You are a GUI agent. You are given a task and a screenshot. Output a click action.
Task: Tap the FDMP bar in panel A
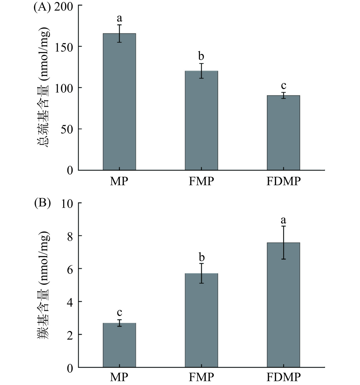pos(283,133)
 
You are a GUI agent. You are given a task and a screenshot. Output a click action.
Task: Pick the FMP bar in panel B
pos(201,320)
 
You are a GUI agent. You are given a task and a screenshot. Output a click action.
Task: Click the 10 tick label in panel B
pos(67,203)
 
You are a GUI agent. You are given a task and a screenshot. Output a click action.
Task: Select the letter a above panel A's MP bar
pos(119,18)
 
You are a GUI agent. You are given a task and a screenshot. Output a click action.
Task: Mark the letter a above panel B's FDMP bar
pos(283,220)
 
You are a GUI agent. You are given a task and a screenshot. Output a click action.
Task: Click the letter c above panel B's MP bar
pos(119,312)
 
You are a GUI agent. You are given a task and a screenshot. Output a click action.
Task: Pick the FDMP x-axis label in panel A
pos(283,181)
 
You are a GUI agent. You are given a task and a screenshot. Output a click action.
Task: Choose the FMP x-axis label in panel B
pos(201,377)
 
